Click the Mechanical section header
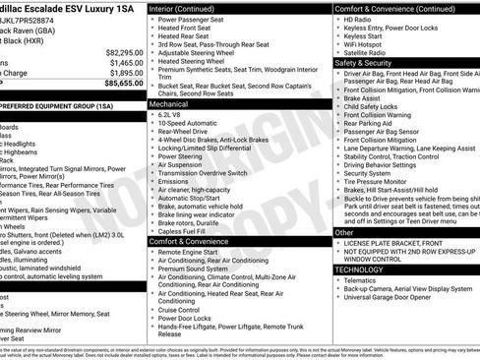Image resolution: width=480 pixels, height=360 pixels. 170,102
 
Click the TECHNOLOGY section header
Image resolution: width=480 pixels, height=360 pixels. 359,270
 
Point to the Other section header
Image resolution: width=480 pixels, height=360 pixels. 344,233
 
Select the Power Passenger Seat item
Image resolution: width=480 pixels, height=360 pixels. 196,19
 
